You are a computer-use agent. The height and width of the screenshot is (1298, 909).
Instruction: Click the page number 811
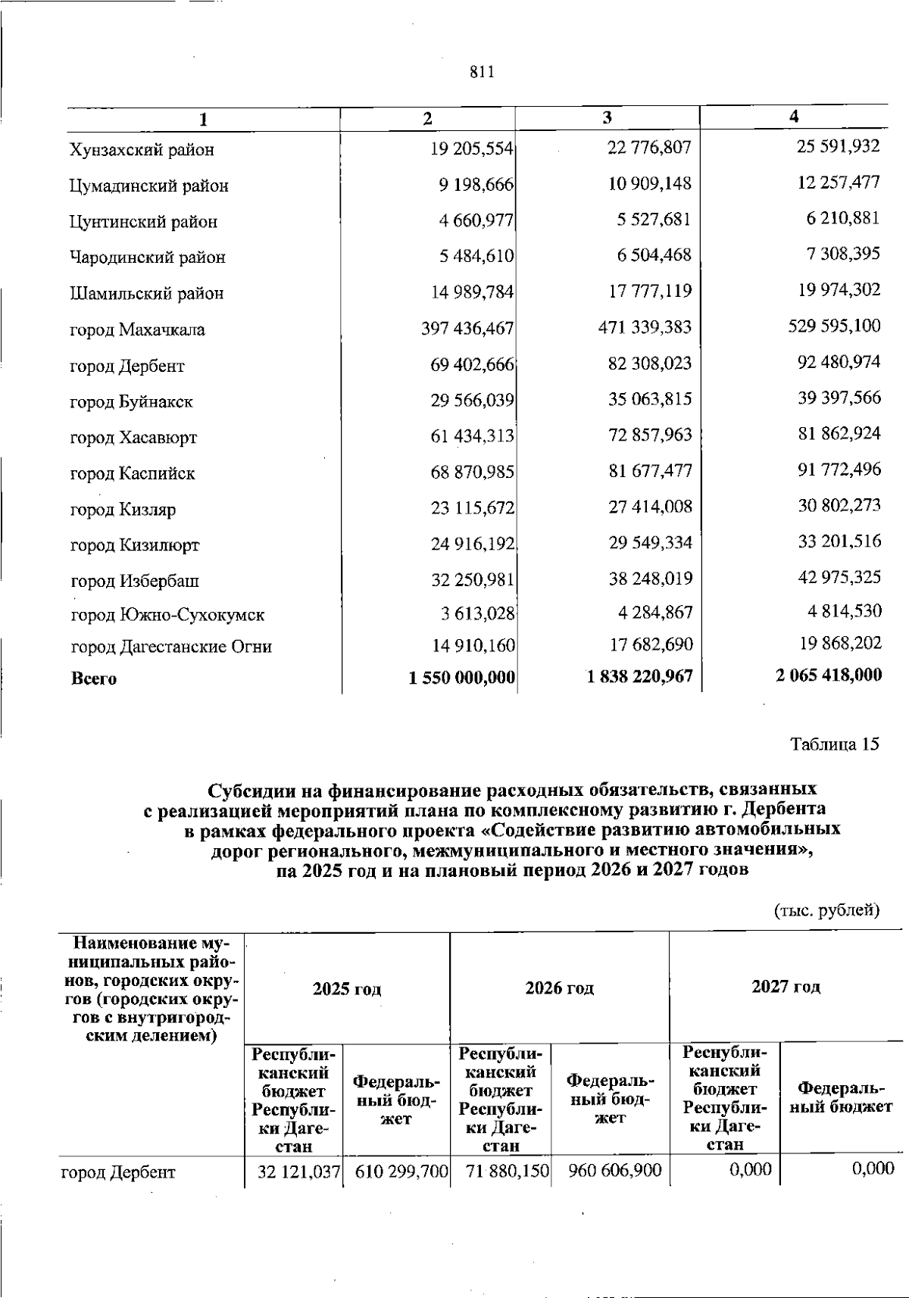(482, 72)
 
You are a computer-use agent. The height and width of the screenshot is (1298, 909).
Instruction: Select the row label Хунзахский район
(142, 150)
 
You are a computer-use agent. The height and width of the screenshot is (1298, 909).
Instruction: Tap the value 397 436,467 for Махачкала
(467, 329)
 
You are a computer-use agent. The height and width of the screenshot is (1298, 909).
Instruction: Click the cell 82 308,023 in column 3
(649, 363)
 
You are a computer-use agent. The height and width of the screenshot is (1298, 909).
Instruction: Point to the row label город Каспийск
(133, 474)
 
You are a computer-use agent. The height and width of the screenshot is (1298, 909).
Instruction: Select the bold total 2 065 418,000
(828, 675)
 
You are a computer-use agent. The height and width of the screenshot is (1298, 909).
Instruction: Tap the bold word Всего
(94, 679)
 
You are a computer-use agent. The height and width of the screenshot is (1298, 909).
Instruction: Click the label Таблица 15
(835, 744)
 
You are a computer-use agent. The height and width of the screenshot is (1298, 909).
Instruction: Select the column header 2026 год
(559, 988)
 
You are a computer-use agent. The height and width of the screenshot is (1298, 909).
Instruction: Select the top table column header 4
(793, 117)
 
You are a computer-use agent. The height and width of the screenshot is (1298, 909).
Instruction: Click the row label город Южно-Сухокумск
(167, 615)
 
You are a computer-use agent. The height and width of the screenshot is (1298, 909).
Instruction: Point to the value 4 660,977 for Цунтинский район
(476, 221)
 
